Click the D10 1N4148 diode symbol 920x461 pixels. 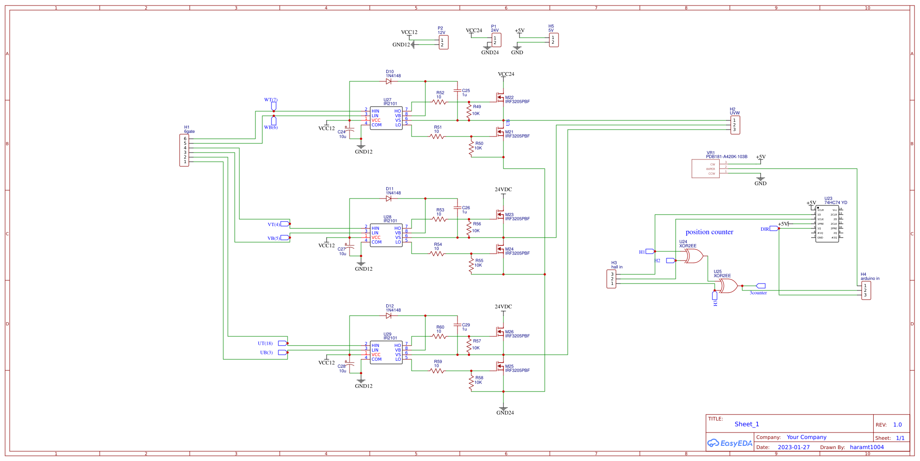pyautogui.click(x=389, y=81)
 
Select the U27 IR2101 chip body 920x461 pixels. pyautogui.click(x=386, y=118)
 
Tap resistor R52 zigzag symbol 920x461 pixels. pyautogui.click(x=439, y=102)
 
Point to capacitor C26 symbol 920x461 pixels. pyautogui.click(x=457, y=208)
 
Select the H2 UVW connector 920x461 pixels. pyautogui.click(x=735, y=125)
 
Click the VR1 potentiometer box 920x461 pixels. pyautogui.click(x=706, y=169)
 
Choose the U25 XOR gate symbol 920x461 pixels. pyautogui.click(x=728, y=286)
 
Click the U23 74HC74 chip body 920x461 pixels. pyautogui.click(x=827, y=224)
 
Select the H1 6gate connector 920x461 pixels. pyautogui.click(x=184, y=150)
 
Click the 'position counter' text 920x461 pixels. pyautogui.click(x=709, y=232)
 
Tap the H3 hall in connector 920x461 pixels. pyautogui.click(x=611, y=279)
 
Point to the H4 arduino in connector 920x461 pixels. pyautogui.click(x=866, y=290)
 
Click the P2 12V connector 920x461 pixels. pyautogui.click(x=443, y=43)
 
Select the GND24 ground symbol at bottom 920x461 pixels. pyautogui.click(x=503, y=408)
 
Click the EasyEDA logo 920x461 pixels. pyautogui.click(x=729, y=443)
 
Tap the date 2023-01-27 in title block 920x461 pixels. pyautogui.click(x=794, y=447)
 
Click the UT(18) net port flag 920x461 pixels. pyautogui.click(x=282, y=343)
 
